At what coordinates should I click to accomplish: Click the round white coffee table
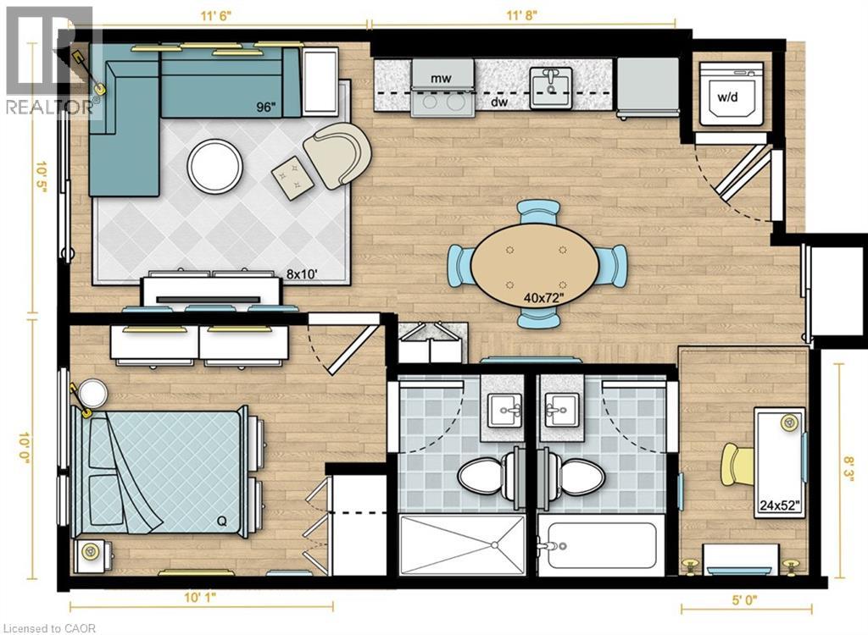click(x=214, y=165)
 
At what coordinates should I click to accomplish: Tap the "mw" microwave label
click(x=441, y=78)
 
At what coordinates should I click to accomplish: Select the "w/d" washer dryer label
click(x=728, y=97)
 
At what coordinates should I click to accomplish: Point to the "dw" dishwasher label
click(x=499, y=102)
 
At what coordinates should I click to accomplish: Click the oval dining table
click(x=536, y=264)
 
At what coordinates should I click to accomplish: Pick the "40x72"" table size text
click(x=543, y=299)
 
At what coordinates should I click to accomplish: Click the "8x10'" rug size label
click(x=303, y=273)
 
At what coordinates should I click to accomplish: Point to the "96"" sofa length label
click(x=265, y=107)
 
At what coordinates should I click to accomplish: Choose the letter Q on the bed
click(x=221, y=521)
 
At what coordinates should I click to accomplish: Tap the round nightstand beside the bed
click(x=92, y=394)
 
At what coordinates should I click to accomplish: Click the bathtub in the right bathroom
click(x=601, y=545)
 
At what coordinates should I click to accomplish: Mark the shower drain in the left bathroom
click(x=494, y=545)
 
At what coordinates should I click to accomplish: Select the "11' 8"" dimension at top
click(x=522, y=15)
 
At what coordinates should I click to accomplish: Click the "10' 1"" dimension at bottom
click(x=200, y=598)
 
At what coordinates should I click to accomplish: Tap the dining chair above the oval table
click(x=537, y=212)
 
